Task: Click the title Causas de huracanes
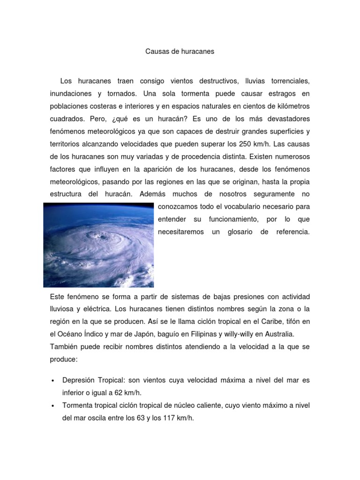[x=180, y=52]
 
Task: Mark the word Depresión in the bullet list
[x=79, y=380]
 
